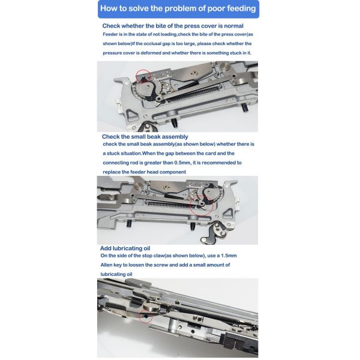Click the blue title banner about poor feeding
tap(178, 9)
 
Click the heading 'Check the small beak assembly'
tap(145, 137)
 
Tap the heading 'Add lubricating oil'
tap(125, 248)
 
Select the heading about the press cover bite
tap(173, 26)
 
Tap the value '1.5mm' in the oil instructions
tap(229, 256)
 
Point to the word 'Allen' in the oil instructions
tap(106, 265)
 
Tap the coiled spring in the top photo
tap(193, 94)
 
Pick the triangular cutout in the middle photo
tap(227, 214)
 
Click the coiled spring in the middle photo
tap(170, 203)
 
